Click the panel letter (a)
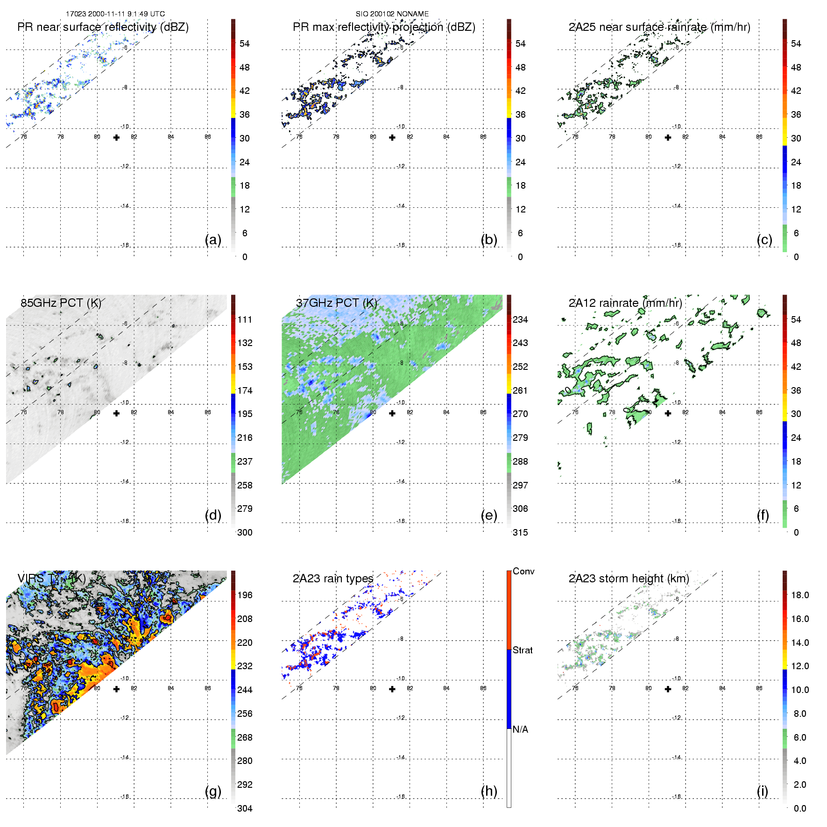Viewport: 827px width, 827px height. click(x=213, y=240)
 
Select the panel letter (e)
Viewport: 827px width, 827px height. click(x=488, y=516)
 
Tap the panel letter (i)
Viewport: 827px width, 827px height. click(x=762, y=792)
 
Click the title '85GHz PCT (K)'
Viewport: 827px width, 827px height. click(x=61, y=303)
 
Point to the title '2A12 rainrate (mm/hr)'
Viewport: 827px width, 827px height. click(x=625, y=303)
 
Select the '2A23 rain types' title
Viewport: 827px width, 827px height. click(x=333, y=579)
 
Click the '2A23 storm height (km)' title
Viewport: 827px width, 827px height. click(x=629, y=579)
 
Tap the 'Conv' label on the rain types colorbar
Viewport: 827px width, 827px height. click(x=523, y=571)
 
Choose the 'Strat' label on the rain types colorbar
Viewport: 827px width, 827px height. click(x=523, y=650)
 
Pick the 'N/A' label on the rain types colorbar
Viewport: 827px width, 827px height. click(x=520, y=729)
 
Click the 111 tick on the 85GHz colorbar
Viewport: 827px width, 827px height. click(x=245, y=319)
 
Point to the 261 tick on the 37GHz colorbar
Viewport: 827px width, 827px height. click(x=520, y=390)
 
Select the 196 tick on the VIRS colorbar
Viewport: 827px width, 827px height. click(x=245, y=595)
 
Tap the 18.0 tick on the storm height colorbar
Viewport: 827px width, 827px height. click(x=800, y=595)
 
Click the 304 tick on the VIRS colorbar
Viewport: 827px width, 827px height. click(x=245, y=808)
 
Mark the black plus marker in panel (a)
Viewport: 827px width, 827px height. click(x=116, y=137)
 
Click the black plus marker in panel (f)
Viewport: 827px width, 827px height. click(x=668, y=413)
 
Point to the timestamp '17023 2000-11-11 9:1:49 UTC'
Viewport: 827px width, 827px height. click(x=115, y=14)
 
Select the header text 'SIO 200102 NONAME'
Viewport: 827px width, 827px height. click(x=392, y=14)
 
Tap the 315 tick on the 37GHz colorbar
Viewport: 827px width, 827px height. click(x=520, y=532)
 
